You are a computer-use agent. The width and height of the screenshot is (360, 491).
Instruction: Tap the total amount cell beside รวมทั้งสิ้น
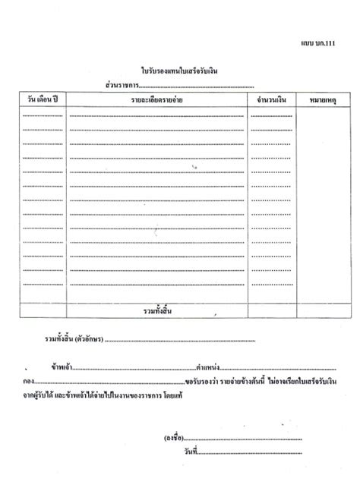pos(270,312)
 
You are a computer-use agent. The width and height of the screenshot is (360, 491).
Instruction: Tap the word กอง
pos(30,381)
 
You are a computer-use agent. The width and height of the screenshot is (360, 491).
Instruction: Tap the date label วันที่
pos(179,452)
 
